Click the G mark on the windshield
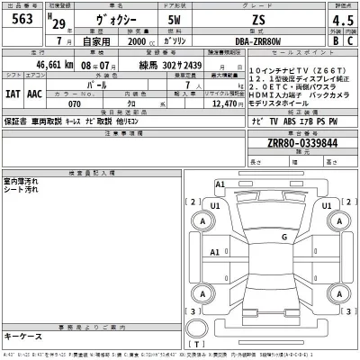pos(283,237)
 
